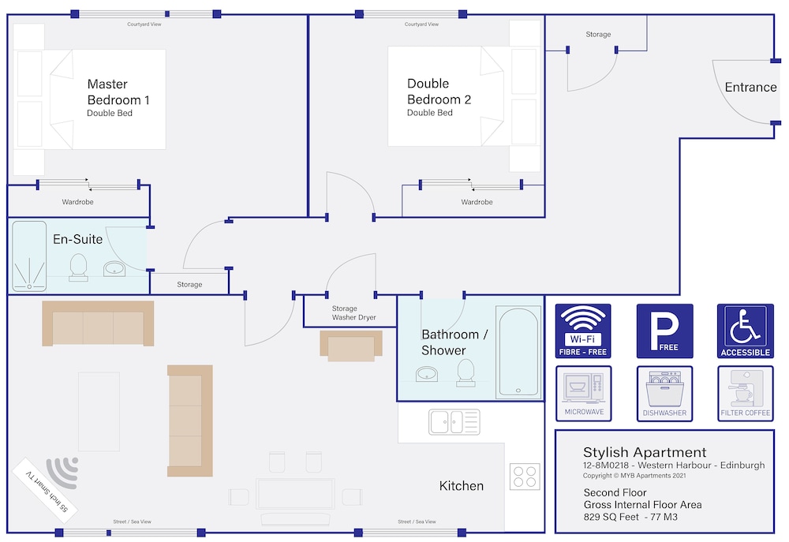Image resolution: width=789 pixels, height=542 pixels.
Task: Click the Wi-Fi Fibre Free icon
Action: (x=583, y=331)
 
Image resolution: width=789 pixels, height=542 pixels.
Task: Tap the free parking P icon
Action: (x=664, y=331)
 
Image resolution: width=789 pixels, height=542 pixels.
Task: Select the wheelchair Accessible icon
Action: (x=746, y=331)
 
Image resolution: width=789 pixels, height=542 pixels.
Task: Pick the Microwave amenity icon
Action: (x=584, y=393)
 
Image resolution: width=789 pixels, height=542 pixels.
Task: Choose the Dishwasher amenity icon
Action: (x=664, y=393)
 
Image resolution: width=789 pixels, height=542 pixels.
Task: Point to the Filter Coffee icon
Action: (x=746, y=393)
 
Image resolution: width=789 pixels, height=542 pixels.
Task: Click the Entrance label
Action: (x=751, y=87)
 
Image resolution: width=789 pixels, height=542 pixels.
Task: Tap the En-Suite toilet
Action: (x=78, y=267)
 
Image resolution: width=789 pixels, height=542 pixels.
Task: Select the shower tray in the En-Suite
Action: (x=29, y=256)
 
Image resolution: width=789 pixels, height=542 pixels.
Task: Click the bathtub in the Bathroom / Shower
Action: (x=519, y=352)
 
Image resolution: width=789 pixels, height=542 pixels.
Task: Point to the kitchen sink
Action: (x=454, y=422)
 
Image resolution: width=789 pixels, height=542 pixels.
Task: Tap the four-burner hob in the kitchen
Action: (x=525, y=476)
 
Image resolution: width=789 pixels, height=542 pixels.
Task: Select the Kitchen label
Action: (x=461, y=486)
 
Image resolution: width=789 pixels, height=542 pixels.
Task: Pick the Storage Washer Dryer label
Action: (x=353, y=312)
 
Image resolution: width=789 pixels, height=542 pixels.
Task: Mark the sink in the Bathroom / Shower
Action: (x=427, y=374)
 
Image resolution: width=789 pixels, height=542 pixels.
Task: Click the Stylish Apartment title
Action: (x=645, y=452)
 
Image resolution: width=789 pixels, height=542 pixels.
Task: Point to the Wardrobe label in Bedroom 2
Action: (x=477, y=202)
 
